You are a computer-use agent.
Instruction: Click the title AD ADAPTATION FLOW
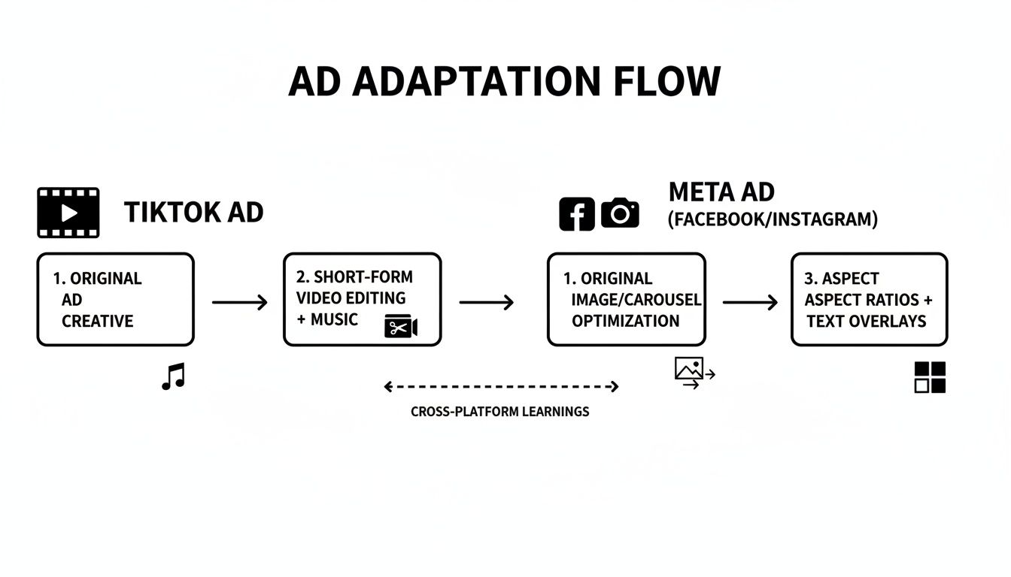tap(504, 81)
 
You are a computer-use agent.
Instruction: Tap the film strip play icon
tap(68, 213)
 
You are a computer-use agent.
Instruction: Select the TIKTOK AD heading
tap(194, 213)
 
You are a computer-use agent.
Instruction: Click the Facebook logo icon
tap(577, 214)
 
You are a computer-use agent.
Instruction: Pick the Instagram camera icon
tap(620, 214)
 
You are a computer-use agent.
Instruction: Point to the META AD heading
tap(721, 192)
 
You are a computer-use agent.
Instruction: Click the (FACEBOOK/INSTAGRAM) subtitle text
tap(773, 219)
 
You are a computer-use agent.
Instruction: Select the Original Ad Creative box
tap(115, 300)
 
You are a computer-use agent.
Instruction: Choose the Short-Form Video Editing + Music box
tap(362, 300)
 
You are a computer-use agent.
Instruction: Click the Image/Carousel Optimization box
tap(626, 300)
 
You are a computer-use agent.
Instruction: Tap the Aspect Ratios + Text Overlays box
tap(869, 300)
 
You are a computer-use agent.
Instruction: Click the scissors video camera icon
tap(400, 327)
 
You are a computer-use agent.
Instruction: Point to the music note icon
tap(173, 376)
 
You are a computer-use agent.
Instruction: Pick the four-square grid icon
tap(930, 377)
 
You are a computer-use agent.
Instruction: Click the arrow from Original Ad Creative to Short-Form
tap(239, 303)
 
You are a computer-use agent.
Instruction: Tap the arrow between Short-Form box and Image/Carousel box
tap(486, 303)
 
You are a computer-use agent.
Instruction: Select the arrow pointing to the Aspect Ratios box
tap(749, 303)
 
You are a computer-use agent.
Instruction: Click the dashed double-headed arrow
tap(501, 387)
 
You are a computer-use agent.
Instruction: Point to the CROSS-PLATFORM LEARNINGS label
tap(500, 412)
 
